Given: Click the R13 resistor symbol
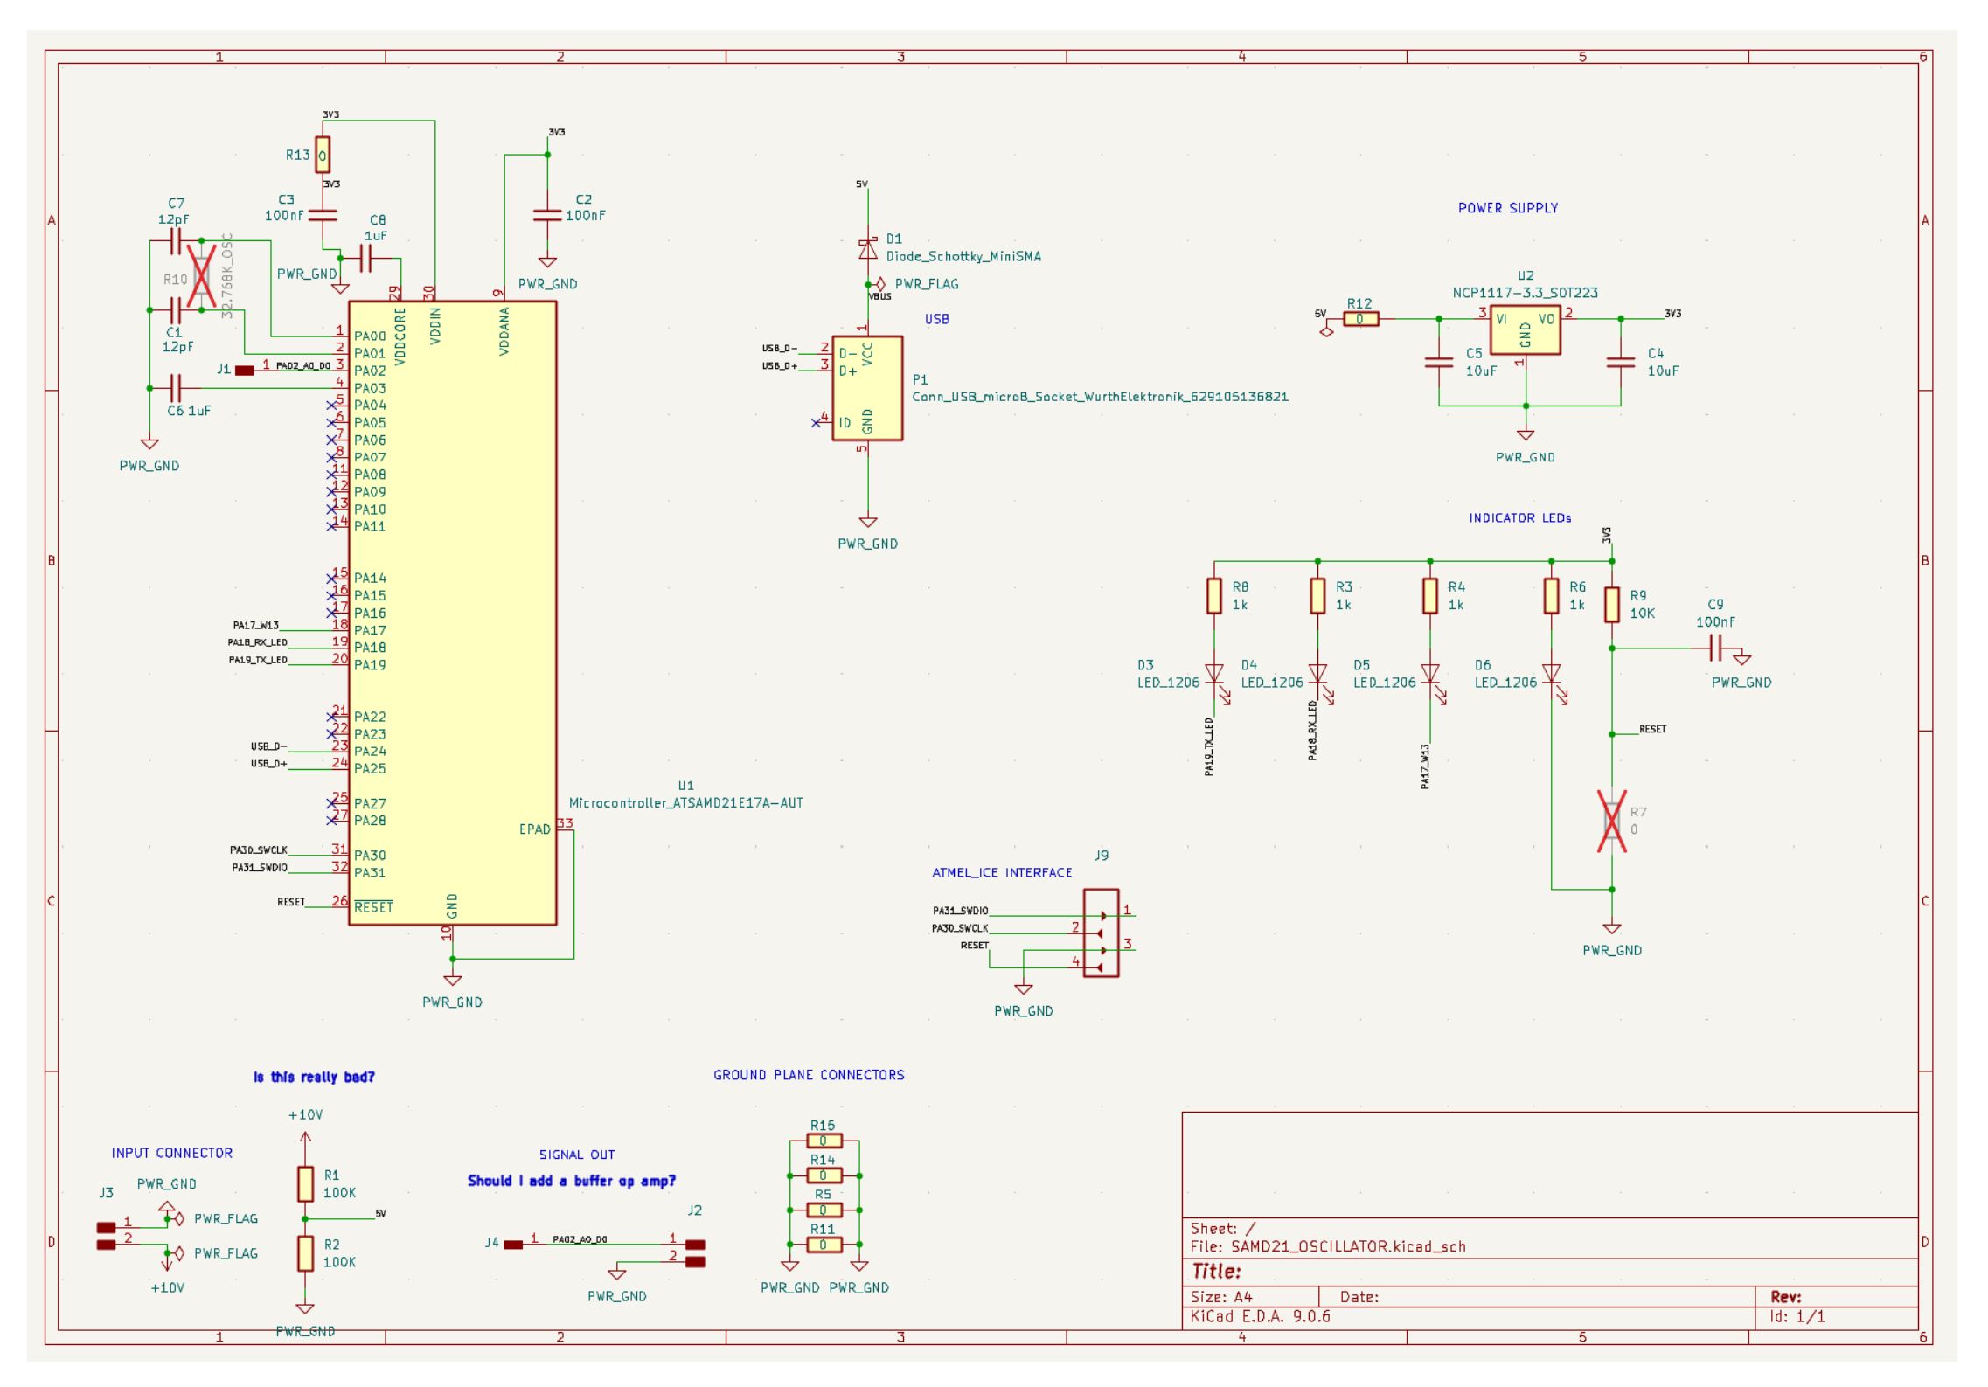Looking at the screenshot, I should point(323,155).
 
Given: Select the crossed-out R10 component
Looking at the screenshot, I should point(202,275).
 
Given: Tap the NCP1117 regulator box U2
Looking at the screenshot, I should point(1525,329).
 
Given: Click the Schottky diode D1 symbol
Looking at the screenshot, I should point(867,250).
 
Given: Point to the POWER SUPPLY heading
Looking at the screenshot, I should point(1507,208).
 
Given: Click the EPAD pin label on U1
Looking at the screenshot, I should point(534,829).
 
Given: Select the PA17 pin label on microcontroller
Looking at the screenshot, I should point(370,630).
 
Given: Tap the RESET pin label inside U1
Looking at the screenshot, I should point(373,907).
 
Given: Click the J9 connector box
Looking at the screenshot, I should point(1101,933).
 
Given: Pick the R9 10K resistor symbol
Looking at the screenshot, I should point(1611,604).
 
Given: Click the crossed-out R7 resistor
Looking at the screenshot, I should point(1611,821).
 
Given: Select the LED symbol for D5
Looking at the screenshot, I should point(1429,675).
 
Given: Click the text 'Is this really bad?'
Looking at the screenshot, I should point(314,1077).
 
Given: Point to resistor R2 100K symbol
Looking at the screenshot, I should point(305,1252).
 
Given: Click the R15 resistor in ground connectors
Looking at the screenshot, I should point(823,1141).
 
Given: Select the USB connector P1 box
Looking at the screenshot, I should point(866,388).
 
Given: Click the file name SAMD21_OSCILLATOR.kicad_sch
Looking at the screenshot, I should point(1347,1246).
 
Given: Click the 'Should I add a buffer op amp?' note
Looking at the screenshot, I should point(572,1181).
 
